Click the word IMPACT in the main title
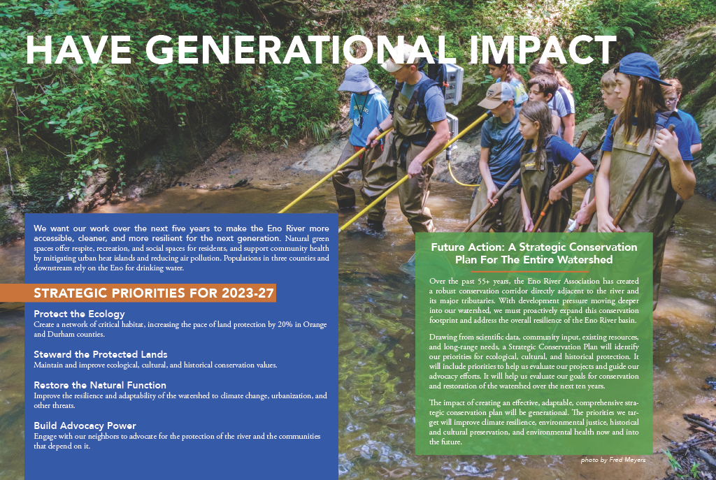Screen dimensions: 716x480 tap(543, 50)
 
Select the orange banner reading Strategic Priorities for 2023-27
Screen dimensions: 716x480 tap(138, 293)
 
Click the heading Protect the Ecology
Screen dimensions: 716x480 tap(79, 314)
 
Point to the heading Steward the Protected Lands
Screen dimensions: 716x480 tap(101, 354)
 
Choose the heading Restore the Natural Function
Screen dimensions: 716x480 tap(100, 385)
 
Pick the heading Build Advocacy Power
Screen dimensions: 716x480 tap(85, 426)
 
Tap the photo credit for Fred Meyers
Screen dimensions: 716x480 tap(613, 460)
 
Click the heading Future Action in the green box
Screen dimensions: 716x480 tap(534, 253)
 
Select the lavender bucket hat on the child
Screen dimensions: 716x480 tap(357, 78)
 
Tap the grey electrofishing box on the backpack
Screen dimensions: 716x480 tap(453, 83)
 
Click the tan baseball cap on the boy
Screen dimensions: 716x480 tap(496, 95)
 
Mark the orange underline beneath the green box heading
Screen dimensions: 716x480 tap(534, 271)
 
